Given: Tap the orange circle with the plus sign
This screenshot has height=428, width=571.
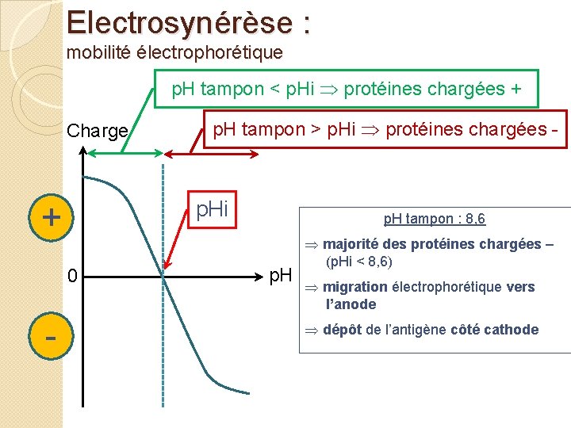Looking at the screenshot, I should click(x=51, y=216).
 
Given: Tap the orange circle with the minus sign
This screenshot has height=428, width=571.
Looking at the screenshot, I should click(x=51, y=336).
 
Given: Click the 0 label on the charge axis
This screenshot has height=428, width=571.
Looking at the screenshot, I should click(x=72, y=277).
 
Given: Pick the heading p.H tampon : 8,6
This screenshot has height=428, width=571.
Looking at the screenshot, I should click(x=434, y=219).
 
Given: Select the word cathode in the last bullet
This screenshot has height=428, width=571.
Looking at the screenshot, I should click(x=512, y=330).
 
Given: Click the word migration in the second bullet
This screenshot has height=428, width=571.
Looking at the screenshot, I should click(x=355, y=287).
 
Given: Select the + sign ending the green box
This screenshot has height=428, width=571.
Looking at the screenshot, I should click(x=516, y=89).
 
